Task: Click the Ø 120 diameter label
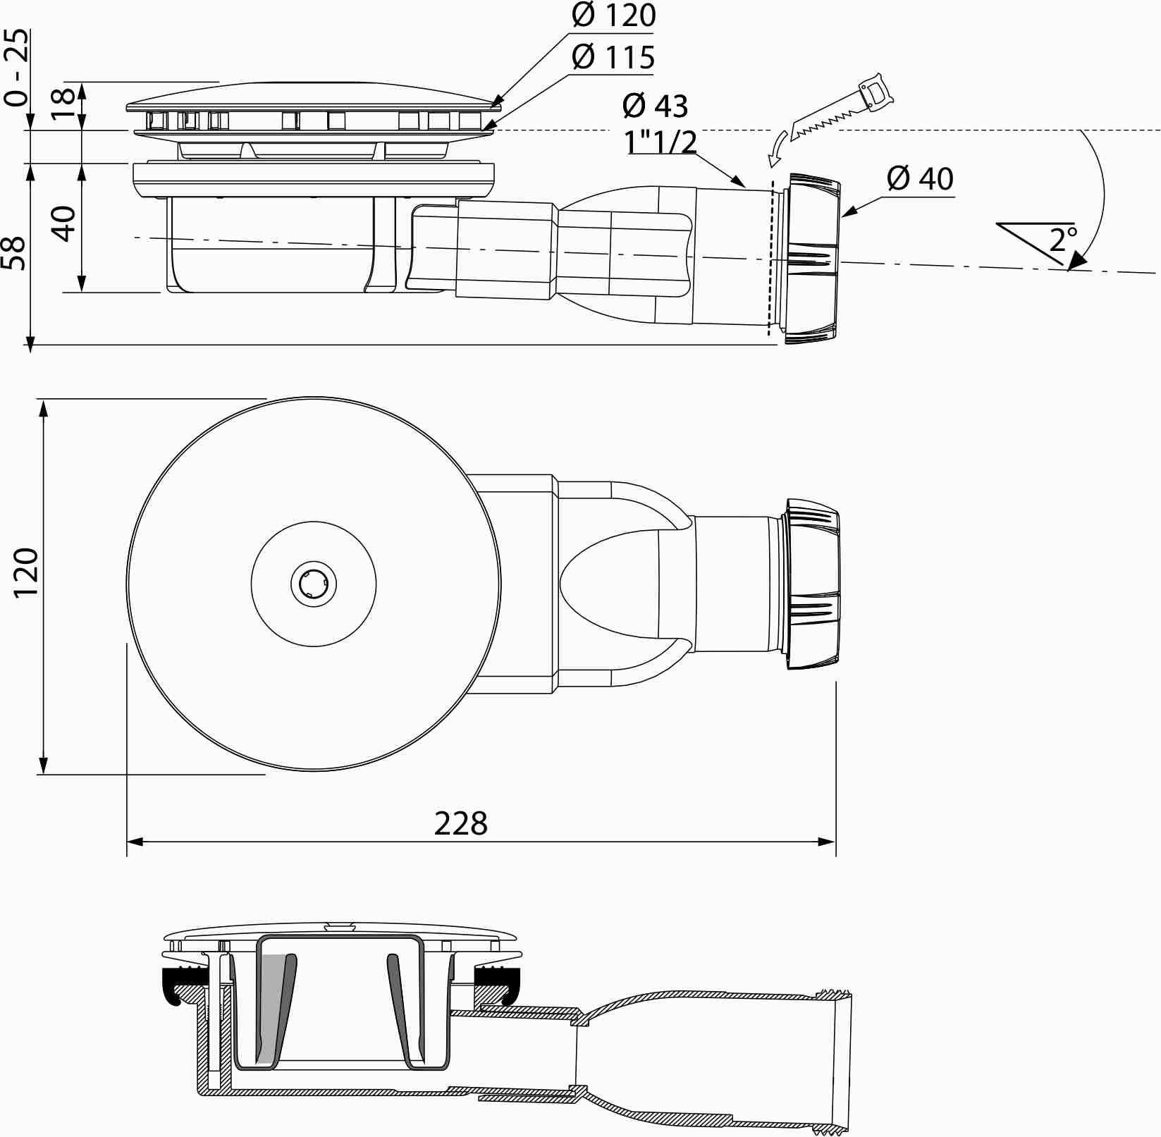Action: click(613, 16)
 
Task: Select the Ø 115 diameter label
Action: click(613, 57)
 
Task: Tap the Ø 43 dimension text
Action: click(655, 106)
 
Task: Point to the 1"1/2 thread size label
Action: click(661, 142)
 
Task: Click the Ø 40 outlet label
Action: click(921, 179)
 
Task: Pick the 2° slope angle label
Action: click(1063, 240)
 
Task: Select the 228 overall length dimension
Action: click(461, 823)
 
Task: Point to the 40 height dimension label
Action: click(64, 224)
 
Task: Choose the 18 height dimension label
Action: click(64, 104)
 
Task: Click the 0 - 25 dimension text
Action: click(17, 67)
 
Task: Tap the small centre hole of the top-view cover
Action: click(314, 584)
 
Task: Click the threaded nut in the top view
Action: click(812, 584)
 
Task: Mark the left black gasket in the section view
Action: click(185, 985)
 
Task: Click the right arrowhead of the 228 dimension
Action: click(827, 842)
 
